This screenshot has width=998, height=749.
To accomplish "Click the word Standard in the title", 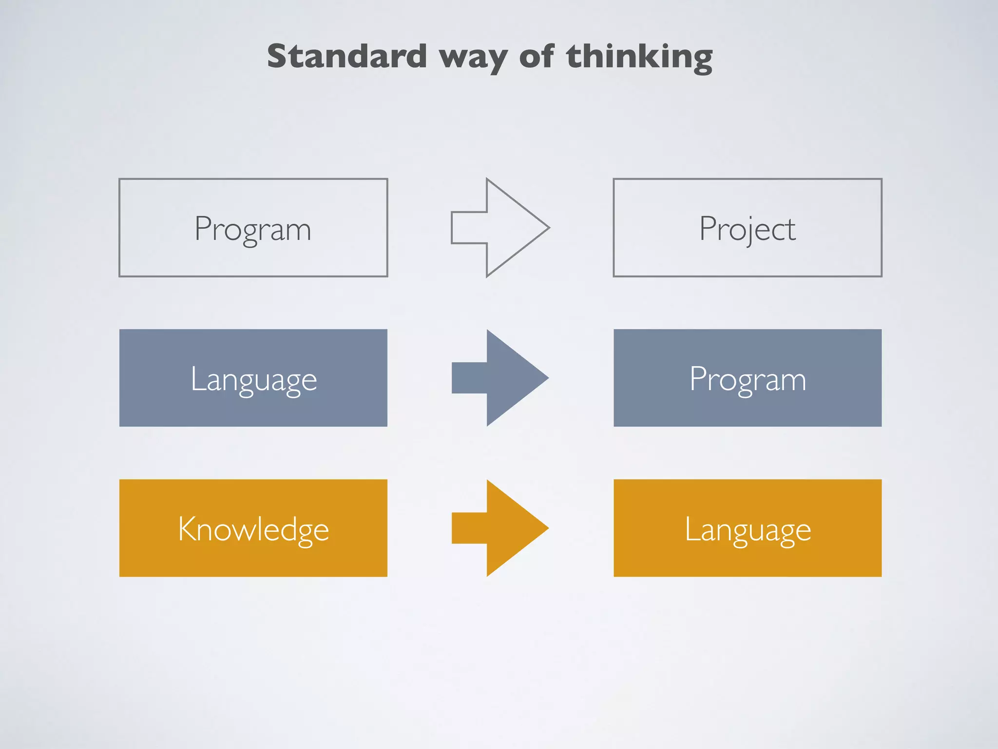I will click(x=347, y=56).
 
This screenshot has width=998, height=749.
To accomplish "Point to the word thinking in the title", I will click(x=639, y=57).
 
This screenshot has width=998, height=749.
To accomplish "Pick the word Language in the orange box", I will click(x=748, y=530).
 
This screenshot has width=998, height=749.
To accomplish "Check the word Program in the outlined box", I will click(x=252, y=229).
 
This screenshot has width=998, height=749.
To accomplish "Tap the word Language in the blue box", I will click(x=253, y=379).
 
